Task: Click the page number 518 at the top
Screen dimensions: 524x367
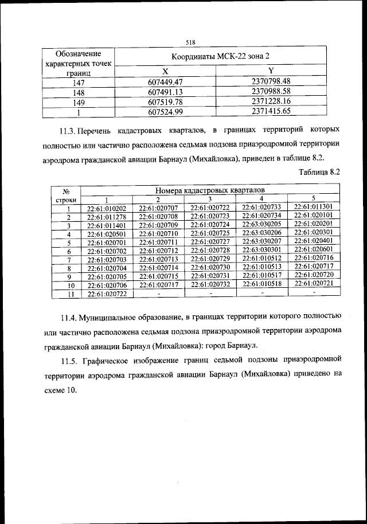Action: (x=191, y=42)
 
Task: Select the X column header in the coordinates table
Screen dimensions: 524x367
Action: (x=165, y=71)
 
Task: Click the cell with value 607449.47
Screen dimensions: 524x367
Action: (x=165, y=82)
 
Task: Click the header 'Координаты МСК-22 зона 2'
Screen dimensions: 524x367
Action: (x=220, y=57)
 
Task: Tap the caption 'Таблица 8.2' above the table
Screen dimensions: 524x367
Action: (x=320, y=171)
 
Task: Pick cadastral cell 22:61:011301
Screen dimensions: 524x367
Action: (x=314, y=206)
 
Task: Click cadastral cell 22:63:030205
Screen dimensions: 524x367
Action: (x=261, y=224)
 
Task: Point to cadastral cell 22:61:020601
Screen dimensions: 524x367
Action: (x=314, y=250)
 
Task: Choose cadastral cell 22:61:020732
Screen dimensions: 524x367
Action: (x=210, y=284)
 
